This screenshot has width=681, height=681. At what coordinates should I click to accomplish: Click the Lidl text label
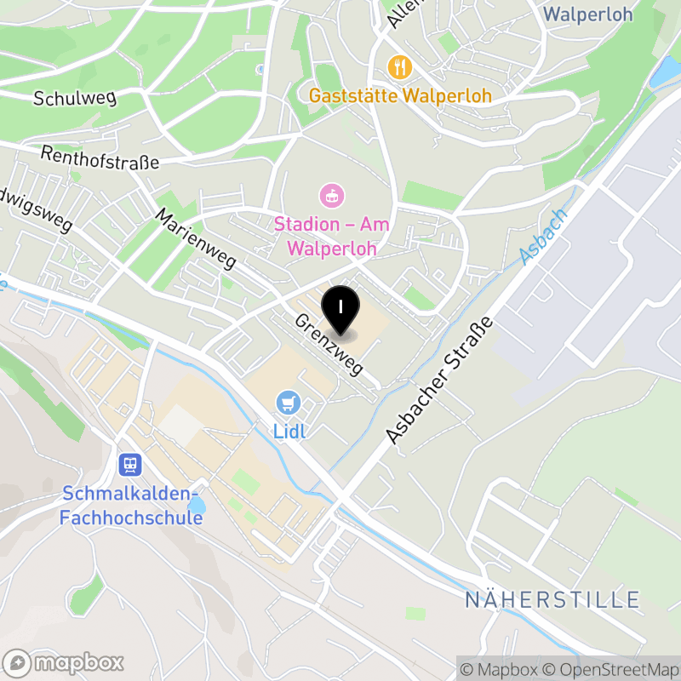[x=289, y=431]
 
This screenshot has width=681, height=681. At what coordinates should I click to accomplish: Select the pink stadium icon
[x=331, y=197]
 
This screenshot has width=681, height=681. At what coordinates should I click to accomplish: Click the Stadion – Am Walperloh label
[x=331, y=237]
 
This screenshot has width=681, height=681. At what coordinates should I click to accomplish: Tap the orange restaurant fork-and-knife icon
[x=399, y=66]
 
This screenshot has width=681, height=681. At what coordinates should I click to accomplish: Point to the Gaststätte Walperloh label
[x=400, y=95]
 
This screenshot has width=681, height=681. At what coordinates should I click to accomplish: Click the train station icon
[x=131, y=465]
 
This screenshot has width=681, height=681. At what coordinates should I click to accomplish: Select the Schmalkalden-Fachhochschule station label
[x=131, y=505]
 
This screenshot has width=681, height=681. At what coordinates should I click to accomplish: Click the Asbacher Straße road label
[x=439, y=380]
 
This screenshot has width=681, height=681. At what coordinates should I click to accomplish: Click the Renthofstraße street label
[x=100, y=157]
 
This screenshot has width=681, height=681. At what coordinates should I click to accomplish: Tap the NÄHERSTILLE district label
[x=552, y=599]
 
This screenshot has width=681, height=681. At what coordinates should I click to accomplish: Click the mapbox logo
[x=65, y=662]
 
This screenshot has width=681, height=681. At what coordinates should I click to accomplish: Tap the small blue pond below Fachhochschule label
[x=197, y=506]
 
